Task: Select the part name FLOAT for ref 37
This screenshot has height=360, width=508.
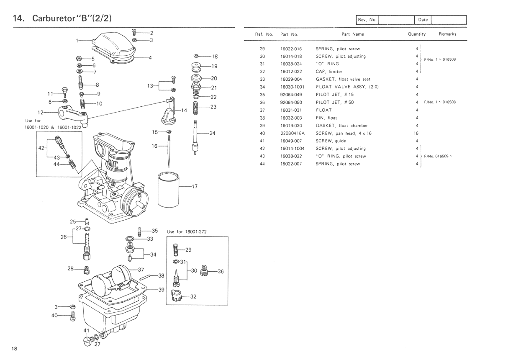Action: click(x=323, y=110)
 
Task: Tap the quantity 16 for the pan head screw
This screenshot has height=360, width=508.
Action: click(x=417, y=134)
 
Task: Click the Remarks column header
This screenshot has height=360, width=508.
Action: click(x=447, y=34)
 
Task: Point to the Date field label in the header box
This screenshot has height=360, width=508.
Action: click(x=423, y=20)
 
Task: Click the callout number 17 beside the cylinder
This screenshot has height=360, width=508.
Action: click(x=194, y=187)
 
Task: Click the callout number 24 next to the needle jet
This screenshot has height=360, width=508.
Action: click(x=212, y=134)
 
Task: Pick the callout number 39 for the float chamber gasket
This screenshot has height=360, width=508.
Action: click(x=162, y=290)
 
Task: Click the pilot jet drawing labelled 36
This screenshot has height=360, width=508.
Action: click(x=205, y=271)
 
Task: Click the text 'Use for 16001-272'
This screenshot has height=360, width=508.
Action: click(x=187, y=232)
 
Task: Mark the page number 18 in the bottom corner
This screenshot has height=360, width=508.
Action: click(x=15, y=349)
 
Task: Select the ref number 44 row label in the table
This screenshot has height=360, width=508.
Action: click(x=262, y=164)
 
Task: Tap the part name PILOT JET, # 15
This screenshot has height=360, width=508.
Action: click(x=335, y=95)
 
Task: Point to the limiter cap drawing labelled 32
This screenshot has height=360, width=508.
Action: click(x=177, y=297)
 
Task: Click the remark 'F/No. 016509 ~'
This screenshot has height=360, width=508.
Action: click(x=438, y=156)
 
